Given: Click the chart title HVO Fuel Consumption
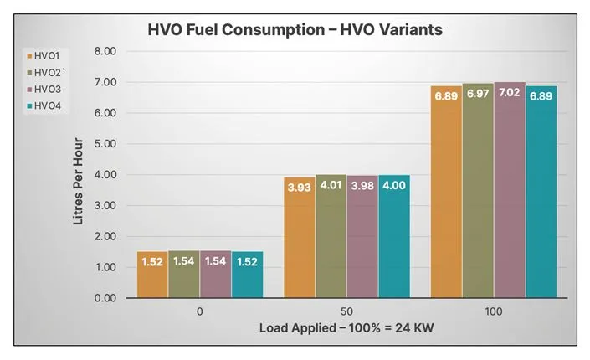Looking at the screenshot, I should pyautogui.click(x=295, y=30).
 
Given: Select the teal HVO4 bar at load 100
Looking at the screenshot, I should pyautogui.click(x=541, y=192).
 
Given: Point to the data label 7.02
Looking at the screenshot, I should pyautogui.click(x=509, y=93).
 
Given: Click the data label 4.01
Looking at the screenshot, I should pyautogui.click(x=331, y=186).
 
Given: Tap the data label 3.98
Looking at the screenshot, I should pyautogui.click(x=362, y=186).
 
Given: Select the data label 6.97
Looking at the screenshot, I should pyautogui.click(x=478, y=94).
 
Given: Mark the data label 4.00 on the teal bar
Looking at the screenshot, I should pyautogui.click(x=394, y=186).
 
